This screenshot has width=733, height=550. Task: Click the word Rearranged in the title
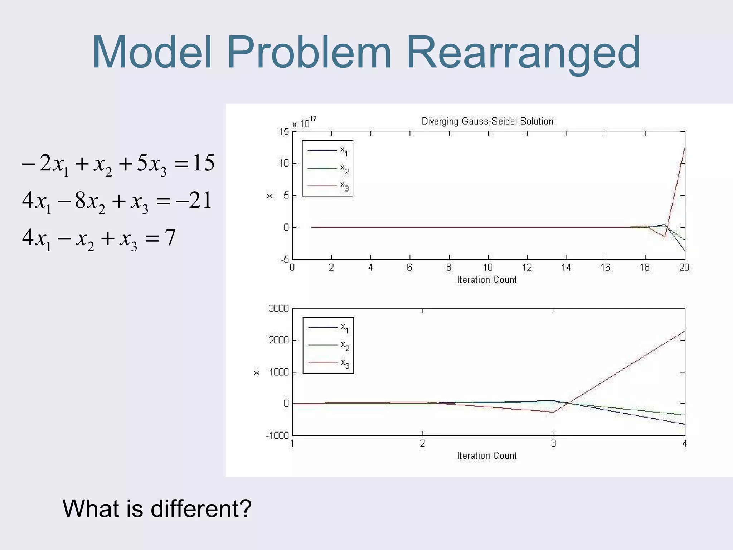523,53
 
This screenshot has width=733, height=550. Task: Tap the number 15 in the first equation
203,163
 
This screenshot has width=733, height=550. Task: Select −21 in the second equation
193,201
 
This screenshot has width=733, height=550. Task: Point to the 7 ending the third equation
170,237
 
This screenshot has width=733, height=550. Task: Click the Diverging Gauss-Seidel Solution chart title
487,121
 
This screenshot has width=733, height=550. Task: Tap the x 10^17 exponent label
304,122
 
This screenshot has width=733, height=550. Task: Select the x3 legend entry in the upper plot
344,186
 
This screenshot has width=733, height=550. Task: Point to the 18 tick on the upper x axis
645,267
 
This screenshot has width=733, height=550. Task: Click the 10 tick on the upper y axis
284,163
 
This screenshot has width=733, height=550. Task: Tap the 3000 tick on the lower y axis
279,309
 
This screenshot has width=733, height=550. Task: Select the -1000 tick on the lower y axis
277,435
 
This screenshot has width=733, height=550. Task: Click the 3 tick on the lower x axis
554,444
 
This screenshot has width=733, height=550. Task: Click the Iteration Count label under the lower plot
487,455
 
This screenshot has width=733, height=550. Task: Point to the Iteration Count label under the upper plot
487,280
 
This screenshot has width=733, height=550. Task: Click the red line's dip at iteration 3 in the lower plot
552,412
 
